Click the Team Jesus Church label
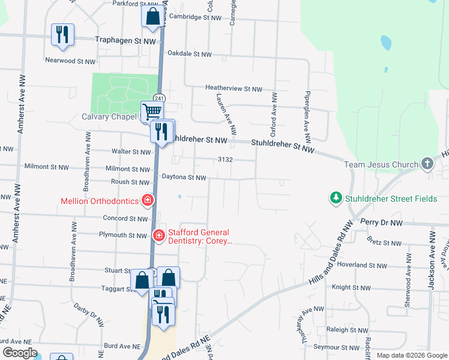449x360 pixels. click(381, 164)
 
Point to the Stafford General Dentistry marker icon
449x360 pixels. click(158, 235)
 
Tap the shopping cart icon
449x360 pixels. click(152, 111)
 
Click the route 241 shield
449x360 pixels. click(158, 98)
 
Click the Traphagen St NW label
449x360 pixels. click(126, 40)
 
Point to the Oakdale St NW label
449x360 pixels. click(190, 54)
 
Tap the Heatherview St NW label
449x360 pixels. click(234, 89)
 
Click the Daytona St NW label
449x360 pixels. click(184, 178)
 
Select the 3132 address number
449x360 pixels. click(225, 160)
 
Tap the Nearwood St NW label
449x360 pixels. click(70, 61)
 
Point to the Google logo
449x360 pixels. click(20, 353)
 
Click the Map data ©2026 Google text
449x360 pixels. click(412, 355)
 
